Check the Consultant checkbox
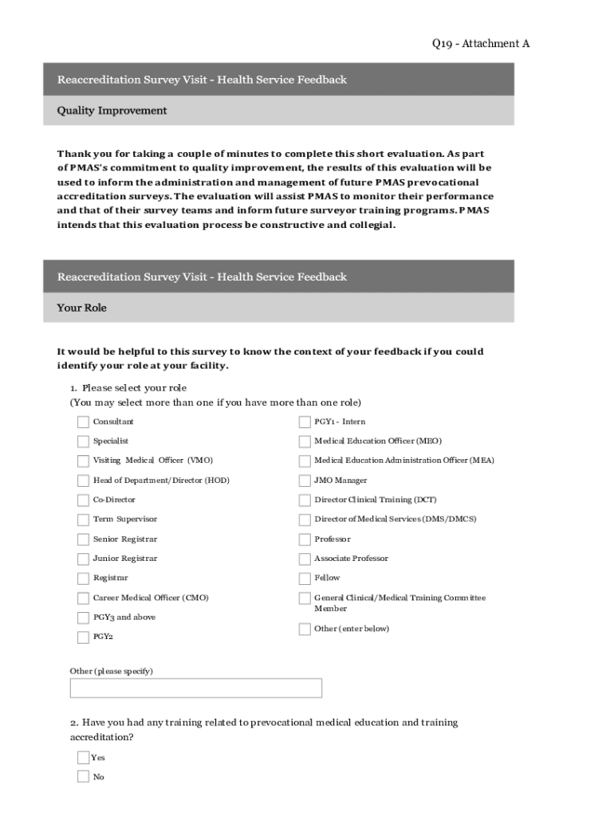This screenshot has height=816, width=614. click(x=83, y=422)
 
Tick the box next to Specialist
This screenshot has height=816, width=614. click(x=83, y=441)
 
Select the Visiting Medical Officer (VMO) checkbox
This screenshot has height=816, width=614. click(x=83, y=461)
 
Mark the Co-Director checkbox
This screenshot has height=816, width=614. click(x=83, y=500)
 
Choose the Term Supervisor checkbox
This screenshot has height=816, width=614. click(x=83, y=520)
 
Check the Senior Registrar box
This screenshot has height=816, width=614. click(x=83, y=539)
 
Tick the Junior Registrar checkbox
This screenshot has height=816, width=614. click(x=83, y=559)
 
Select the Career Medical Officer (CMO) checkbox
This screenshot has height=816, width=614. click(x=83, y=598)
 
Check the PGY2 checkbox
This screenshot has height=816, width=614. click(x=83, y=637)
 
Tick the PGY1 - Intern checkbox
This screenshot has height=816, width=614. click(x=305, y=422)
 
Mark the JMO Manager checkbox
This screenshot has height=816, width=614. click(x=305, y=481)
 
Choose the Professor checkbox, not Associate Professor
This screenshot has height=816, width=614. click(x=305, y=539)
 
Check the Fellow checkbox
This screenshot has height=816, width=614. click(x=305, y=579)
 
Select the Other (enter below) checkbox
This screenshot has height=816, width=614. click(x=305, y=630)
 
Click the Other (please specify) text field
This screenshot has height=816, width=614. click(x=196, y=688)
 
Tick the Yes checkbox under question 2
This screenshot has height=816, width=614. click(x=83, y=758)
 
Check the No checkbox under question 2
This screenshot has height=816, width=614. click(x=83, y=777)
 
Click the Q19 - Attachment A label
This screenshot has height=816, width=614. click(x=475, y=44)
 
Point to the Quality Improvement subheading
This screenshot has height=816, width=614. click(x=112, y=111)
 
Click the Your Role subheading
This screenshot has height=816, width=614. click(x=81, y=308)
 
